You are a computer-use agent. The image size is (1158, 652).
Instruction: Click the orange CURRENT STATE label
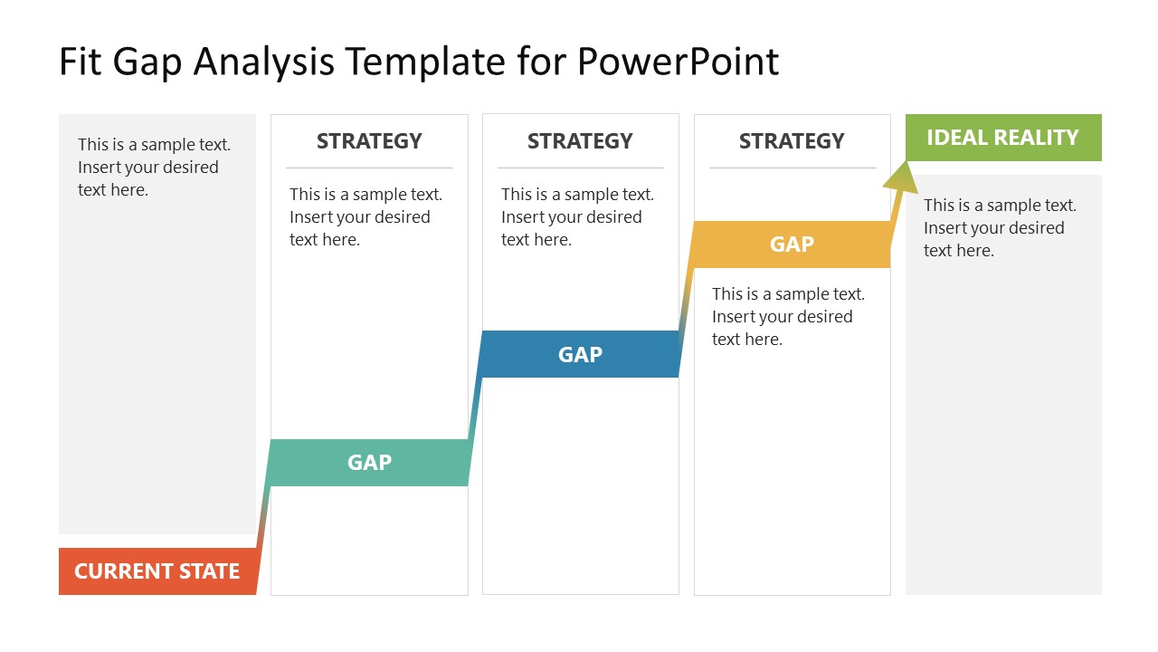tap(157, 571)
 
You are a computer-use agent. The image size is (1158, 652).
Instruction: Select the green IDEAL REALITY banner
tap(1002, 138)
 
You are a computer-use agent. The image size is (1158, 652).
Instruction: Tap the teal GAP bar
tap(369, 463)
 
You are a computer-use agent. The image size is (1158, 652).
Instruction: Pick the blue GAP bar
tap(580, 354)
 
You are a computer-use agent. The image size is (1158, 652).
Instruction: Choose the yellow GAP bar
tap(792, 244)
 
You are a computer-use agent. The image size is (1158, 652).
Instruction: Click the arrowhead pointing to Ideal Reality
tap(902, 177)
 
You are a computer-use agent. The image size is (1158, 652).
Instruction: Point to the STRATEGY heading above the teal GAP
tap(369, 141)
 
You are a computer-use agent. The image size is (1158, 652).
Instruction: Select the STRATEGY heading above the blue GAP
tap(580, 141)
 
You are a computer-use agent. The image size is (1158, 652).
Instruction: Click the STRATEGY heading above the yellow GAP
tap(792, 141)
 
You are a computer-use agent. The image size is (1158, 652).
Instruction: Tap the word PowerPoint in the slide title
tap(678, 62)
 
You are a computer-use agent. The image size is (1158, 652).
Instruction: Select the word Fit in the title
tap(79, 62)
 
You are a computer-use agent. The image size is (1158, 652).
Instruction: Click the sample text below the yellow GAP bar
tap(788, 316)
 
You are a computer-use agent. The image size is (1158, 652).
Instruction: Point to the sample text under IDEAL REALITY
tap(1000, 228)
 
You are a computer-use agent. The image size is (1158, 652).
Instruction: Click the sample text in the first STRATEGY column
tap(365, 216)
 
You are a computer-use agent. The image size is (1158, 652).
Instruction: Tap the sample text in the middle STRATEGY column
tap(577, 216)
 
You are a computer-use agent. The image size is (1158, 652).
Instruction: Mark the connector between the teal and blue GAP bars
tap(474, 408)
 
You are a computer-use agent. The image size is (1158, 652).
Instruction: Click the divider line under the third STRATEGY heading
tap(792, 168)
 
